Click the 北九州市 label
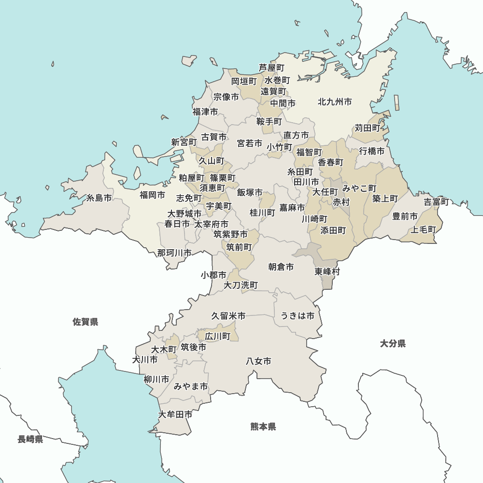click(335, 102)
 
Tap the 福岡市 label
click(152, 195)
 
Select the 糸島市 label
click(99, 198)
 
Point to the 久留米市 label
click(228, 316)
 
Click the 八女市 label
click(258, 361)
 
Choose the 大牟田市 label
click(175, 414)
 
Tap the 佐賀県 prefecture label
click(85, 322)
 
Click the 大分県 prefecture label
click(393, 343)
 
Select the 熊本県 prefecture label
click(263, 426)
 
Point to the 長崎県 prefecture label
click(30, 439)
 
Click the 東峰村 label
click(327, 271)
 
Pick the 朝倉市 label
click(281, 267)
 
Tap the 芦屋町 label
click(271, 68)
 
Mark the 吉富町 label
click(437, 202)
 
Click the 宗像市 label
click(226, 97)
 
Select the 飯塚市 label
click(250, 192)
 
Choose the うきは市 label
click(298, 316)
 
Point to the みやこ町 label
click(359, 188)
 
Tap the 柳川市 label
click(156, 379)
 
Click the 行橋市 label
click(372, 151)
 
